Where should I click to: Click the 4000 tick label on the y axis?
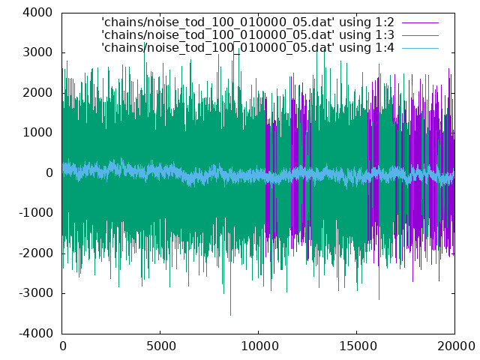tap(37, 13)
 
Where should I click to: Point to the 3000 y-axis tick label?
tap(37, 52)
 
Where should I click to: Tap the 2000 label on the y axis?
tap(37, 93)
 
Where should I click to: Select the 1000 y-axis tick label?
tap(37, 133)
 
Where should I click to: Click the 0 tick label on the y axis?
tap(49, 173)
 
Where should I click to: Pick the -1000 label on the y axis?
tap(35, 213)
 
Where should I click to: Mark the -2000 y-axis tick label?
tap(35, 253)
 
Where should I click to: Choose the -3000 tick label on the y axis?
tap(35, 293)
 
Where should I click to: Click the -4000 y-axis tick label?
tap(35, 333)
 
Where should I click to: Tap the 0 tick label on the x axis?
tap(63, 346)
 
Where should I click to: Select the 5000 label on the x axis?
tap(160, 346)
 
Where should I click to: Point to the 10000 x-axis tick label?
tap(259, 346)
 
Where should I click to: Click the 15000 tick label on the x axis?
tap(357, 346)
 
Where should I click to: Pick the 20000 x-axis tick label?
tap(455, 346)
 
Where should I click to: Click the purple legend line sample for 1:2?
tap(420, 22)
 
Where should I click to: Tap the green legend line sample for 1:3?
tap(420, 35)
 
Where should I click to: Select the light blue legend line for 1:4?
tap(420, 48)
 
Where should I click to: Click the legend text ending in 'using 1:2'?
tap(247, 22)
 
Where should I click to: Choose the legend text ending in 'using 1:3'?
tap(247, 35)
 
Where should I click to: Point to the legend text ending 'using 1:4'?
tap(247, 48)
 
